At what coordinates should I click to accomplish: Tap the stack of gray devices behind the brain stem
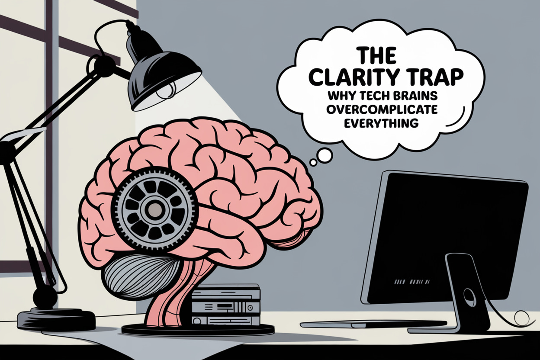pyautogui.click(x=225, y=305)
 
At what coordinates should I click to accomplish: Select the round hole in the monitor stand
pyautogui.click(x=469, y=298)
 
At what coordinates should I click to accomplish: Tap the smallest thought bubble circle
pyautogui.click(x=313, y=162)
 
